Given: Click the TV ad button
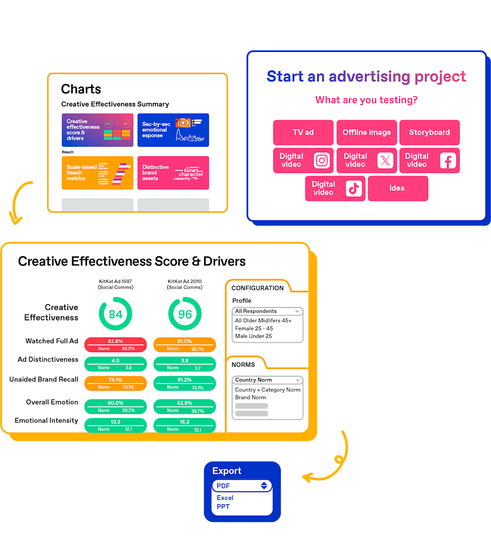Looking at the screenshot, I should tap(303, 132).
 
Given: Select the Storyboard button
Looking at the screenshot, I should tap(429, 132).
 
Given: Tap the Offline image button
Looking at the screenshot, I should tap(366, 132).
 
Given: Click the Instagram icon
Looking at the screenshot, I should tap(322, 160).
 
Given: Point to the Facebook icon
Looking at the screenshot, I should tap(448, 160).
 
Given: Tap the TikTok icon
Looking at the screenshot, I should tap(354, 189).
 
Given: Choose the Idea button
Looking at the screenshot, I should tap(397, 188).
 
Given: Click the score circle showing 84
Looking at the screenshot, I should tap(115, 314).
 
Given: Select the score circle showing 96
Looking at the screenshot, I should tap(185, 314).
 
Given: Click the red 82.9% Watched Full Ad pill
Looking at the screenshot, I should tap(115, 344).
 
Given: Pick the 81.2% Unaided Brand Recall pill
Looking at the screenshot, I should tap(185, 383).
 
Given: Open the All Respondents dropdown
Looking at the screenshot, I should tap(267, 311).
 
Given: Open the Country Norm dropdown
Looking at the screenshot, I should tap(267, 380).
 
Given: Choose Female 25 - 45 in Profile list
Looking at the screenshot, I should tap(254, 328).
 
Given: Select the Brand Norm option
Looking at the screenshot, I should tap(251, 397).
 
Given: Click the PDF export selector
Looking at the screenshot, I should tap(242, 486).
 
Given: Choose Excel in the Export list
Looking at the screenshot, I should tap(225, 498).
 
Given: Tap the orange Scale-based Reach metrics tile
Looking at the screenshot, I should tap(97, 173).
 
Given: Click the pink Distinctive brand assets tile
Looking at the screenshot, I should tap(173, 173).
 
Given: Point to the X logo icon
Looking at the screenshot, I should tap(385, 160).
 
